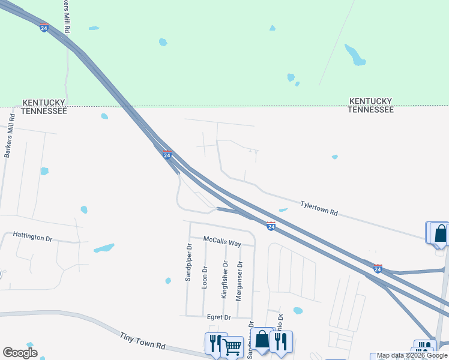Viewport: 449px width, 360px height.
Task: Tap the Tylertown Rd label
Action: click(319, 208)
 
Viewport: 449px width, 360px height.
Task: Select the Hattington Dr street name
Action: click(32, 238)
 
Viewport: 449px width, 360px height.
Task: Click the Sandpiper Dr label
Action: click(188, 263)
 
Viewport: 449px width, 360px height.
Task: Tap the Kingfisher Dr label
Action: click(224, 280)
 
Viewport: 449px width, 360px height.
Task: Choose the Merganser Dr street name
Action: click(239, 280)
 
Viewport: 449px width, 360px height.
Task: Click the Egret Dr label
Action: click(219, 317)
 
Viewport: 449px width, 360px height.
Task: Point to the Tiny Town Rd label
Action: click(142, 342)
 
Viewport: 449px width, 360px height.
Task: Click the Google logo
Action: click(20, 353)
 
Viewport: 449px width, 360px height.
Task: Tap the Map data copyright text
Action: click(412, 356)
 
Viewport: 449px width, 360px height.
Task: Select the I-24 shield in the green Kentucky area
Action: click(44, 28)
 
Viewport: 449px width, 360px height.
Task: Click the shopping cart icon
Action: click(232, 345)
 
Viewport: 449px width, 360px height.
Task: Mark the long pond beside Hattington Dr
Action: click(104, 248)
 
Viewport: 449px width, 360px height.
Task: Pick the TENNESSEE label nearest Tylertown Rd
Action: click(371, 110)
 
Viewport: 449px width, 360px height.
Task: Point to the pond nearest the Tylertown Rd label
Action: click(283, 210)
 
